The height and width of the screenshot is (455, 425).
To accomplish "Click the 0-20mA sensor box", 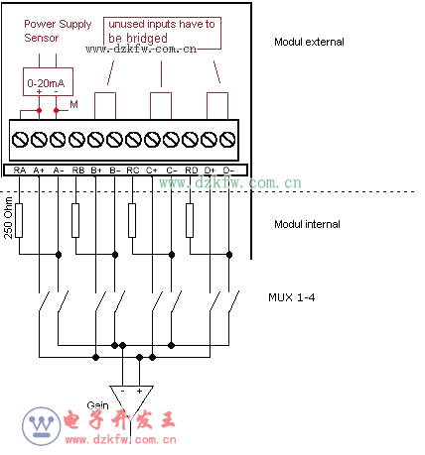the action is tap(48, 82).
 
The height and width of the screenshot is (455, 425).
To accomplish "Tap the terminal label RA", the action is tap(20, 171).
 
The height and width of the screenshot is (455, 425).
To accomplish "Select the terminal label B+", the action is tap(96, 171).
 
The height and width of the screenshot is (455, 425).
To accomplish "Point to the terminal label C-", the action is tap(172, 171).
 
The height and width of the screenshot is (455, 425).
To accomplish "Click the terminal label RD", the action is tap(192, 171).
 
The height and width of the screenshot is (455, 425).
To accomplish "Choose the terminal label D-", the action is tap(228, 171).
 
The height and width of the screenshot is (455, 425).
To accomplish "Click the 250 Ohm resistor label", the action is tap(8, 218).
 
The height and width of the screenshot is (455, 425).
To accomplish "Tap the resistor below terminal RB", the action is tap(75, 220).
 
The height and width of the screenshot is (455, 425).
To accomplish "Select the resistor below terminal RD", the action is tap(190, 220).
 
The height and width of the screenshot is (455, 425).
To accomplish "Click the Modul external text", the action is tap(309, 42).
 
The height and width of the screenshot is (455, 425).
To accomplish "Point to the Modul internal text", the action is tap(307, 224).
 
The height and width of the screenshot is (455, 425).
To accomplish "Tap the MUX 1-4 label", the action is tap(291, 297).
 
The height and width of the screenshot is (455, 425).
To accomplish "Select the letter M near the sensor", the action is tap(73, 104).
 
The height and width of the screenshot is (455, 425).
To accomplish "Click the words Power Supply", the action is tap(58, 24).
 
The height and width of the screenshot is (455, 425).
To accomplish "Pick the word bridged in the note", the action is tap(147, 39).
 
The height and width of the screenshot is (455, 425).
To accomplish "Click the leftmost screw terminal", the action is tap(20, 139).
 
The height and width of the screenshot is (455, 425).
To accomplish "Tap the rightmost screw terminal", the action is tap(227, 139).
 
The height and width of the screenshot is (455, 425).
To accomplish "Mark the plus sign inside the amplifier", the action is tap(139, 391).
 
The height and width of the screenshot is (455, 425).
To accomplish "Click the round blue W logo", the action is tap(42, 426).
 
